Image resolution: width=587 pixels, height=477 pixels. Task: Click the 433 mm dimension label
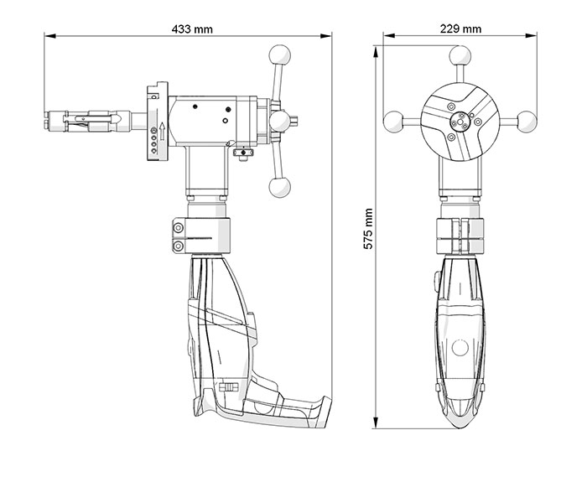[192, 29]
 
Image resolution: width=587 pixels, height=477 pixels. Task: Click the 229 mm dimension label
[460, 29]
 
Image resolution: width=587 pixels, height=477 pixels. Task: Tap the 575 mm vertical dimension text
[368, 229]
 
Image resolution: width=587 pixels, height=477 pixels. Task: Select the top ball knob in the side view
[279, 54]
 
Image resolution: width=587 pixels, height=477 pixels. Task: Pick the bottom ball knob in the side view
[279, 187]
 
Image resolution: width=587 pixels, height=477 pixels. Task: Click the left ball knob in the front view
[392, 122]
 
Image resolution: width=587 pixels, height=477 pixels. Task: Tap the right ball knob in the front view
[527, 122]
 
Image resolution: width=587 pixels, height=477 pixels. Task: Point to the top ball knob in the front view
[460, 55]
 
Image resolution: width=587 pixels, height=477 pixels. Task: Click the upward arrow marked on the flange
[162, 132]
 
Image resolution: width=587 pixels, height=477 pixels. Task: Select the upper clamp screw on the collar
[179, 227]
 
